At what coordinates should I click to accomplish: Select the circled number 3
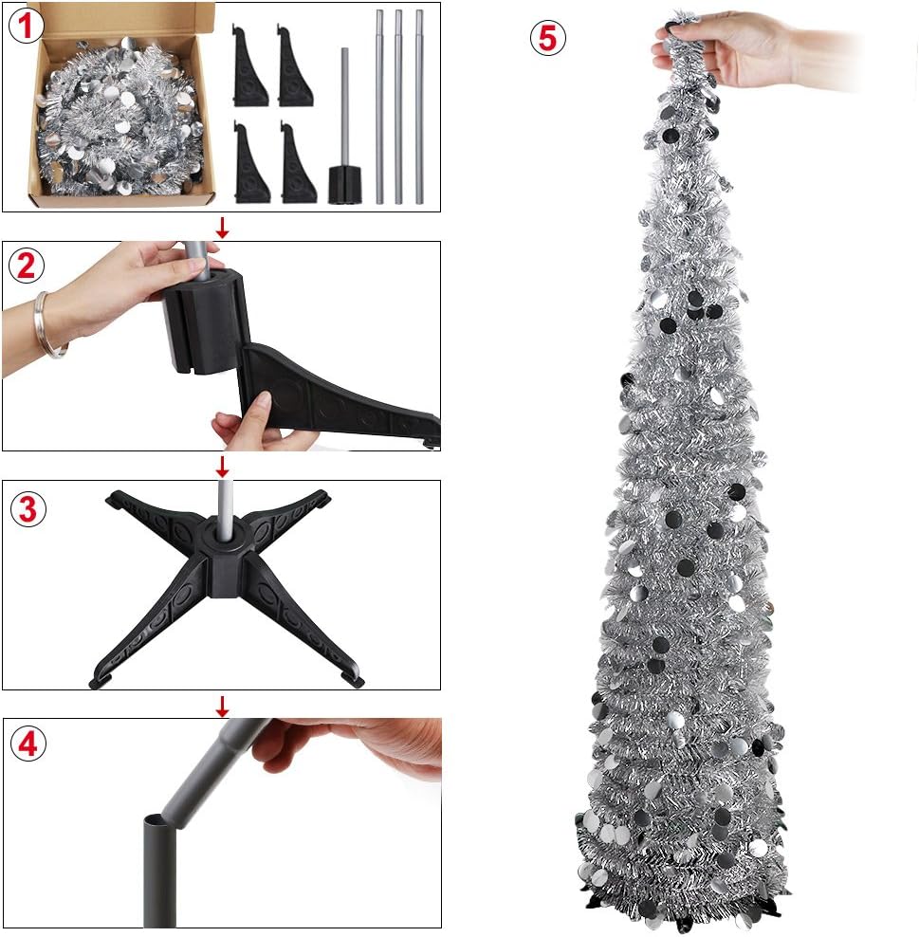click(28, 508)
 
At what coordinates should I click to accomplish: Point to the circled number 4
click(28, 744)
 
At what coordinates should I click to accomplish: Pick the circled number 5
click(547, 38)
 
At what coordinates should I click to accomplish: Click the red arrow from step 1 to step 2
click(222, 227)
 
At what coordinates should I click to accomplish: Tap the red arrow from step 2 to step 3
click(222, 466)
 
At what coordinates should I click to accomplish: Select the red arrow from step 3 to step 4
click(222, 705)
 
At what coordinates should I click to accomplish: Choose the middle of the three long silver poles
click(398, 106)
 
